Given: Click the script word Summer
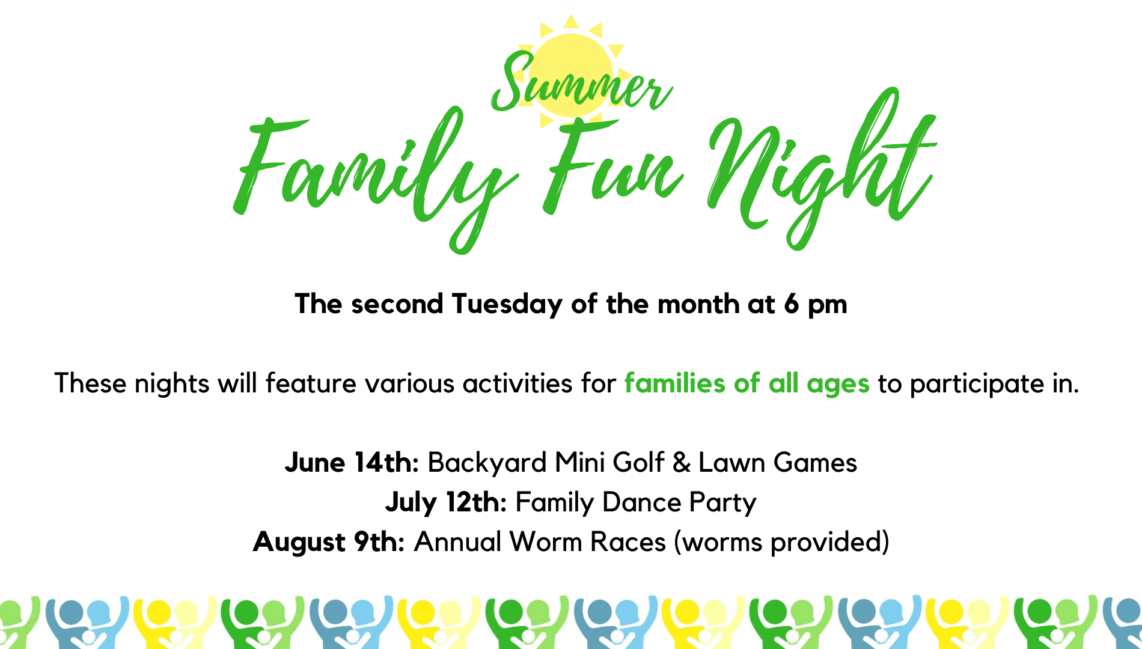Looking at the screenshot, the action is tap(580, 84).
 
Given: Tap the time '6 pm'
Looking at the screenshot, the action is tap(815, 305).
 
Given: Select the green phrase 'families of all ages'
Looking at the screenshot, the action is tap(747, 383).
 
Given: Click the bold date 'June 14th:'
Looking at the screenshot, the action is tap(352, 462).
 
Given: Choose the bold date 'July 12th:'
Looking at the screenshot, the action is tap(447, 502).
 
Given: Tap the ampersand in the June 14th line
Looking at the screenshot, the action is tap(682, 463).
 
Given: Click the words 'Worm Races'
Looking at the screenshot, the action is tap(588, 541).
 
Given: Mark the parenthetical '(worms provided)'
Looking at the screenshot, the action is tap(781, 542).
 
